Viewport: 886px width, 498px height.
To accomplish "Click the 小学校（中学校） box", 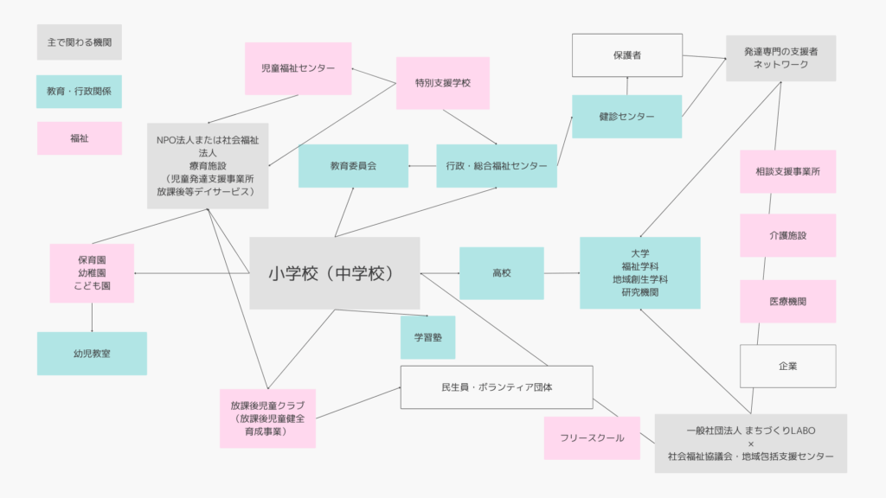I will coord(334,273).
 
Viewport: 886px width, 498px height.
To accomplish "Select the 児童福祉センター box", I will coord(298,68).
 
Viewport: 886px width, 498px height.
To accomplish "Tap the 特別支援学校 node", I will coord(442,83).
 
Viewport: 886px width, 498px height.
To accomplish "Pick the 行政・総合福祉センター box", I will coord(496,165).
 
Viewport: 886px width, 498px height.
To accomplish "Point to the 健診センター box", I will coord(626,117).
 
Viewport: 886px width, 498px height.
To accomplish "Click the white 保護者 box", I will coord(626,55).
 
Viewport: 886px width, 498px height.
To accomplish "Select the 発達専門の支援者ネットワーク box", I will coord(780,58).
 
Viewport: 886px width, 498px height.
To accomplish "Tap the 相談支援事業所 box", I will coord(787,171).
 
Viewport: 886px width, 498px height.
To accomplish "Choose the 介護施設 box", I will coord(787,235).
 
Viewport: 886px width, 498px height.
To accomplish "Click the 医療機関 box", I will coord(787,301).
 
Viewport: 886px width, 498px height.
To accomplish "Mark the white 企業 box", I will coord(787,366).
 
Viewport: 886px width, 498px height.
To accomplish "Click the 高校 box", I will coord(502,273).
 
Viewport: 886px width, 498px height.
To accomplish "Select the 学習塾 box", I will coord(427,337).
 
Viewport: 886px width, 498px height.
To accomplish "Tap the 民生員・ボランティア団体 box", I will coord(496,387).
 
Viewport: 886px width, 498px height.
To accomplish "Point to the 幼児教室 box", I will coord(92,353).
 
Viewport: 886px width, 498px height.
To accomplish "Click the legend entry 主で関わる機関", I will coord(79,41).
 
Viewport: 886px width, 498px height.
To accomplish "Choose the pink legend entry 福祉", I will coord(79,137).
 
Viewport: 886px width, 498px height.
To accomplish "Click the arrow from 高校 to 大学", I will coord(562,273).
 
